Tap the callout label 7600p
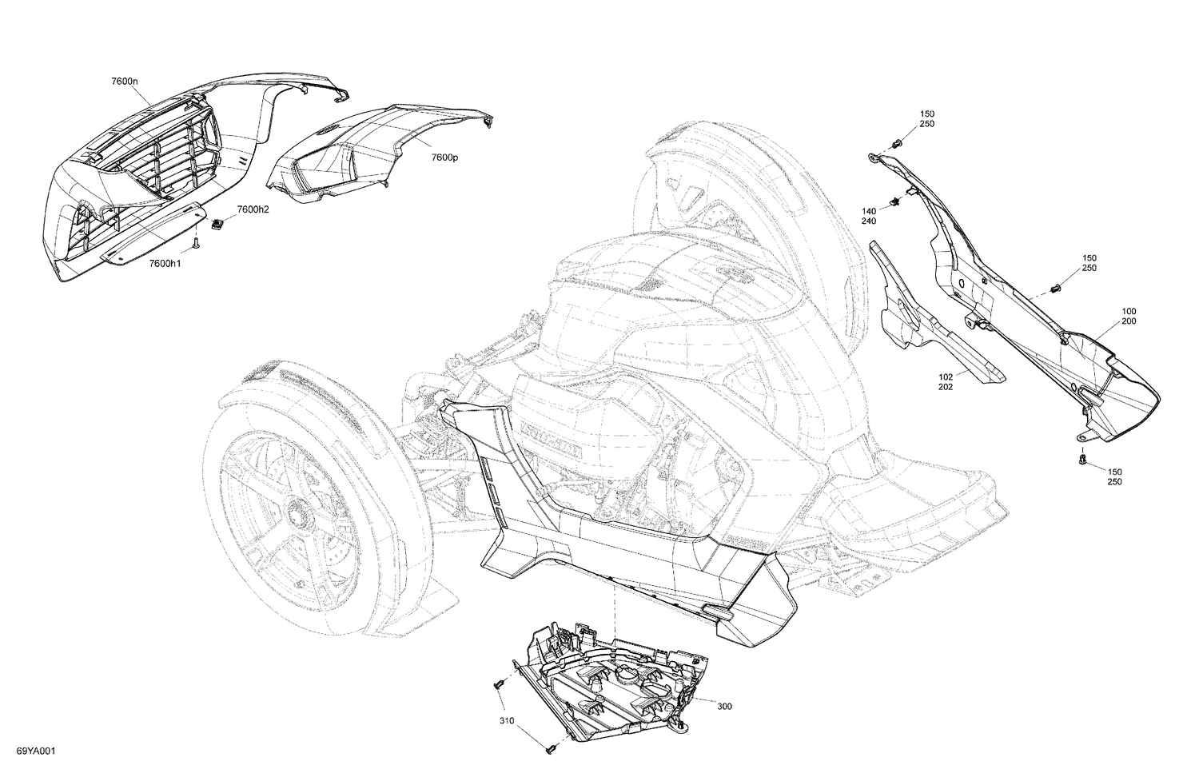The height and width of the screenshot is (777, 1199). coord(444,157)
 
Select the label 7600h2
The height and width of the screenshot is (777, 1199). coord(252,209)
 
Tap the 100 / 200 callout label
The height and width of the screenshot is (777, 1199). coord(1129,316)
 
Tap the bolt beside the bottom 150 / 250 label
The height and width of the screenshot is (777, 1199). coord(1082,459)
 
